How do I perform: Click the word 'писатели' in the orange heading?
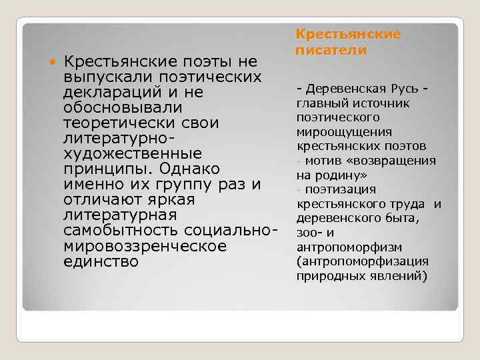(327, 50)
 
